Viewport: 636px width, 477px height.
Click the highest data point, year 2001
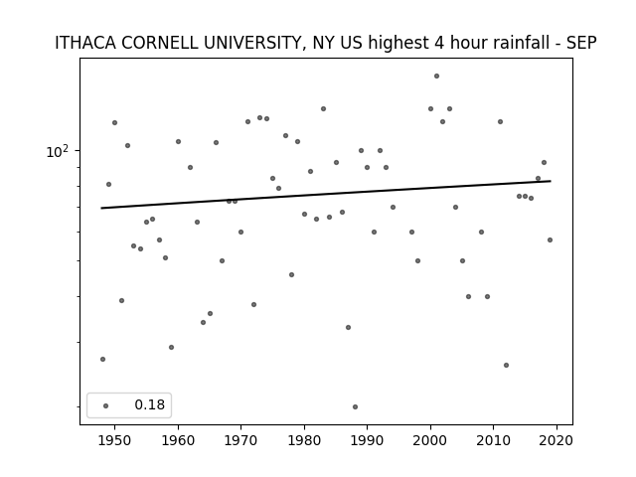[x=436, y=76]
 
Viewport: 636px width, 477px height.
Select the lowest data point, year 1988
[x=355, y=406]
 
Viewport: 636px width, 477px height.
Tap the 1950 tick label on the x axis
[x=114, y=440]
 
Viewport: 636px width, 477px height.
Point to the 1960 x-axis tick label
[x=178, y=440]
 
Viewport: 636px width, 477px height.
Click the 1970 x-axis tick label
[x=240, y=440]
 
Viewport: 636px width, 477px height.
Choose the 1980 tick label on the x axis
[x=304, y=440]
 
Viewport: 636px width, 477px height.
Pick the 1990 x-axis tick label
[x=367, y=440]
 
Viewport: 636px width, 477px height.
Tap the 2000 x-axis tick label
[x=430, y=440]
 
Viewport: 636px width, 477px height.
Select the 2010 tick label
[x=494, y=440]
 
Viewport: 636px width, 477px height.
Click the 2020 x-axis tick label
[x=556, y=440]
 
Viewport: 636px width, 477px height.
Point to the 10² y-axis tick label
[x=58, y=152]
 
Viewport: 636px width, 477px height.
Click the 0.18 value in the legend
[x=150, y=404]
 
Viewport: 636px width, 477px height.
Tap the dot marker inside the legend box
[x=106, y=405]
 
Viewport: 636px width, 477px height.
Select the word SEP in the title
[x=581, y=43]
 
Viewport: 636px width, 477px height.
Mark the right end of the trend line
[x=551, y=181]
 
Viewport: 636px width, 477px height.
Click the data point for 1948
[x=102, y=359]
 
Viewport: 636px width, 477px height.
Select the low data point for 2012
[x=506, y=365]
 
